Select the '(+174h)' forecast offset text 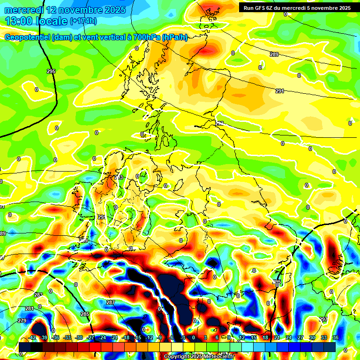click(x=83, y=21)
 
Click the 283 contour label click(x=38, y=295)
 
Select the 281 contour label click(x=29, y=308)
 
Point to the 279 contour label click(x=22, y=321)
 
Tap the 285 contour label click(x=85, y=314)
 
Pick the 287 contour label click(x=110, y=303)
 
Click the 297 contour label click(x=323, y=319)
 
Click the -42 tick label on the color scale click(x=32, y=337)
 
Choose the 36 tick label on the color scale click(x=335, y=337)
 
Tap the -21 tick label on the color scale click(x=114, y=337)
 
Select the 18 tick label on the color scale click(x=265, y=337)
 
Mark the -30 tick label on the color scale click(x=79, y=337)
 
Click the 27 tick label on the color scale click(x=300, y=337)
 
